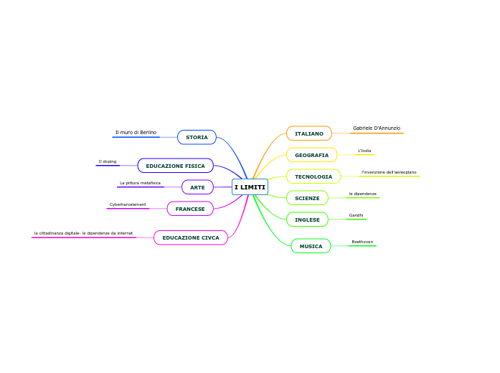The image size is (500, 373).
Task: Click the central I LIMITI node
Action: point(250,187)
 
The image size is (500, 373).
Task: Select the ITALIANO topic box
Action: point(309,133)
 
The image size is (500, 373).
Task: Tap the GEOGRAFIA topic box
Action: point(311,155)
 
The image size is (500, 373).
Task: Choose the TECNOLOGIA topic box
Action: point(313,176)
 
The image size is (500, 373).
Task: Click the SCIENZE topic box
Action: point(307,198)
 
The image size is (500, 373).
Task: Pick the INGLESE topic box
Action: point(307,219)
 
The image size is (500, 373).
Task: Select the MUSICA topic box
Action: point(311,246)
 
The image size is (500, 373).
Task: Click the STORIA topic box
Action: point(197,137)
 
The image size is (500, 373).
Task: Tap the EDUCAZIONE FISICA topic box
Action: point(175,166)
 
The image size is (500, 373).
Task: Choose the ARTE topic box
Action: point(197,187)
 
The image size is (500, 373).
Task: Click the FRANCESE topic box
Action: point(190,209)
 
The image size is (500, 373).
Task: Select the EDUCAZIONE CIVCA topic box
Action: point(191,237)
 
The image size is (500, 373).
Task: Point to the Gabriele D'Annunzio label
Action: point(377,128)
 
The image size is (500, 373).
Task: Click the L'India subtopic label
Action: point(364,151)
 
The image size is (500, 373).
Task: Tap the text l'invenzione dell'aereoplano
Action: point(389,172)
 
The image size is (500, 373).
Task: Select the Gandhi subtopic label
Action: point(356,215)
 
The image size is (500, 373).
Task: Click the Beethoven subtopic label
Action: point(362,242)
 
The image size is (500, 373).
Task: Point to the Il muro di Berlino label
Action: point(136,133)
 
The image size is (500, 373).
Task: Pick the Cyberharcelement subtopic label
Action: point(128,204)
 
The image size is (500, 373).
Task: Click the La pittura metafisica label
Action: point(140,183)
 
